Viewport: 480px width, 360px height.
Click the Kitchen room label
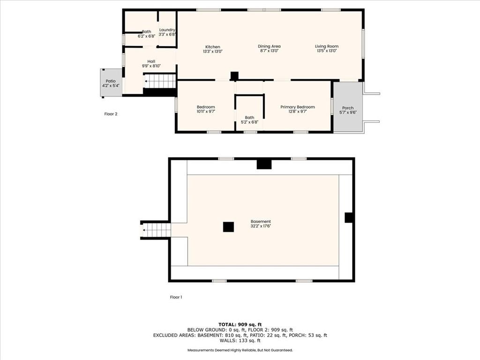pos(212,47)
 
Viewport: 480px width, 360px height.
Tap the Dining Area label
pos(269,46)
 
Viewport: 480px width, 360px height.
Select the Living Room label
pos(327,46)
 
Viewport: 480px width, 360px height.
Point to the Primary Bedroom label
pos(298,107)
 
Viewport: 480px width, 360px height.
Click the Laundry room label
pos(167,30)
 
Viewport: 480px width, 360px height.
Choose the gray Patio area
pos(111,82)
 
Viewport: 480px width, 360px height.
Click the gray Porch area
pos(348,107)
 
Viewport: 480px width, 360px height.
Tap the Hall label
pos(151,61)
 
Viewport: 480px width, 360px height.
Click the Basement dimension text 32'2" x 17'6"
pos(261,226)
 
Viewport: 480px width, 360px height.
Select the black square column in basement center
pos(228,227)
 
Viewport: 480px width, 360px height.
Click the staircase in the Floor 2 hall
pos(159,81)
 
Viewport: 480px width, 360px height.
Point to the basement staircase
pos(156,230)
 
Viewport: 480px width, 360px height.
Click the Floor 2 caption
pos(111,114)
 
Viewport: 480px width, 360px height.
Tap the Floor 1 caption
pos(176,297)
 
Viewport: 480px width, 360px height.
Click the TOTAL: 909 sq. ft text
pos(240,324)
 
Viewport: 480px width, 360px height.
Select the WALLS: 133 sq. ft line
pos(240,340)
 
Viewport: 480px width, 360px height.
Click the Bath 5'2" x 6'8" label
pos(249,120)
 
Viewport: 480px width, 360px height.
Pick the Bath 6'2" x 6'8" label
pos(146,34)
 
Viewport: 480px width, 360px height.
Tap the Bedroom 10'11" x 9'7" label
pos(206,109)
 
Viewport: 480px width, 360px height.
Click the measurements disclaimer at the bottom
pos(240,350)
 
